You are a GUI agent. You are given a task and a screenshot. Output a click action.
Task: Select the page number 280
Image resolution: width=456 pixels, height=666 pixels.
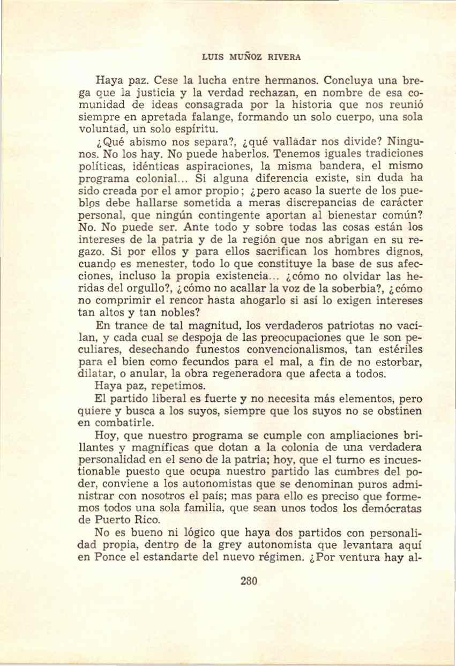pyautogui.click(x=250, y=581)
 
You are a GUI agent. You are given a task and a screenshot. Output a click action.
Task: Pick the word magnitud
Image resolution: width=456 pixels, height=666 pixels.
pyautogui.click(x=193, y=325)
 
